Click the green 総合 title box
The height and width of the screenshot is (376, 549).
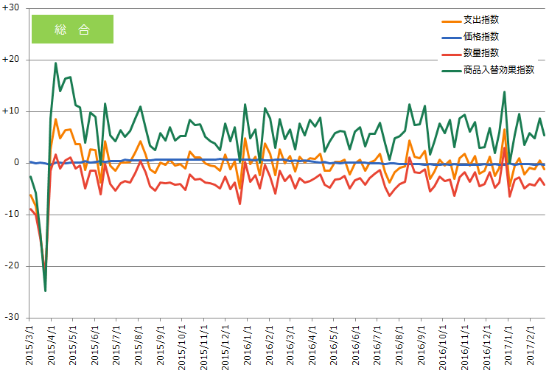(x=72, y=29)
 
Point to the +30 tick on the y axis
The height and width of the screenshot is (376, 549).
(x=13, y=8)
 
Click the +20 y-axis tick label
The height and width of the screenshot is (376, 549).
(x=13, y=60)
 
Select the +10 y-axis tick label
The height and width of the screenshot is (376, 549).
(x=13, y=111)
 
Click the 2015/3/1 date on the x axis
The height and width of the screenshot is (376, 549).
(x=30, y=347)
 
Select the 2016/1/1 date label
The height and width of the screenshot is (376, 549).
(x=247, y=347)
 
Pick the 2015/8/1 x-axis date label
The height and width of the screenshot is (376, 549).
(x=139, y=347)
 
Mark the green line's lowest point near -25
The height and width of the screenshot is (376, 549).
(x=45, y=290)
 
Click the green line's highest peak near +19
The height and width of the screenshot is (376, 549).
(x=55, y=63)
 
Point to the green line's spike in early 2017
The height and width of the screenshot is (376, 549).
(x=504, y=92)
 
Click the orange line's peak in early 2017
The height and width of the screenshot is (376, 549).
(x=504, y=130)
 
